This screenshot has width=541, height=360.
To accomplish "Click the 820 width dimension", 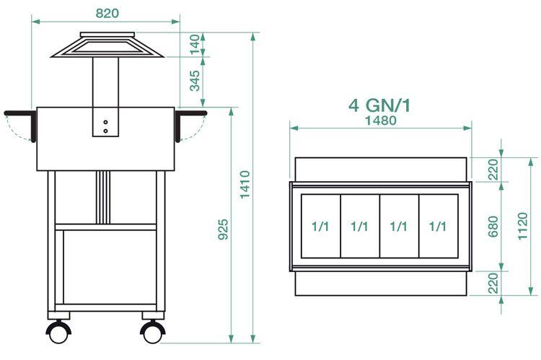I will click(106, 13).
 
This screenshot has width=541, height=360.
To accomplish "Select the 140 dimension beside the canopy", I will click(194, 45).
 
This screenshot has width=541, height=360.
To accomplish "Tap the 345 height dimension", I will click(194, 81).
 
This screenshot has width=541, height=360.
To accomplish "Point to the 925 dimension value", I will click(223, 230).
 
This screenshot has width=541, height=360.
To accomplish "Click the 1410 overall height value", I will click(245, 185).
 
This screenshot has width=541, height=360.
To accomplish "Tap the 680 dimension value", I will click(493, 225).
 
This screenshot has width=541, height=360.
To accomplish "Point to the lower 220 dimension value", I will click(493, 283).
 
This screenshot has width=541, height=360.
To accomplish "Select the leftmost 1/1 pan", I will click(321, 226).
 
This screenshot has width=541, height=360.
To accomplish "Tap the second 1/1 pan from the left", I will click(360, 226).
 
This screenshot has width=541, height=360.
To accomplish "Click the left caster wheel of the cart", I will click(58, 332).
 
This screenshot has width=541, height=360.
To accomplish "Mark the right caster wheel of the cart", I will click(153, 332).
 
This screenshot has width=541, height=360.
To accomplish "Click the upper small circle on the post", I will click(105, 122).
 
